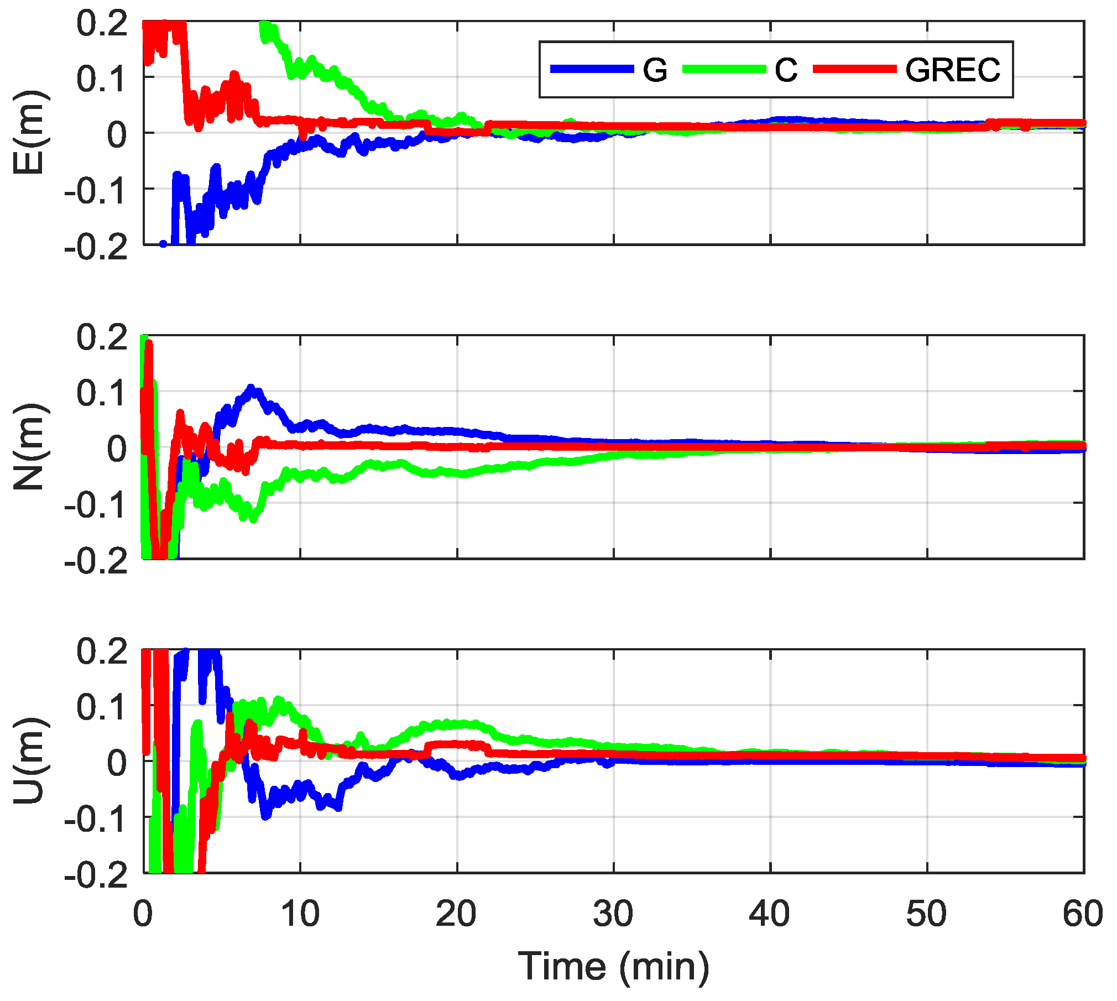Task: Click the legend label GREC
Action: pos(952,70)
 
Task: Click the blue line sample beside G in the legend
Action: pos(592,69)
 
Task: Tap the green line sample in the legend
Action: pos(724,69)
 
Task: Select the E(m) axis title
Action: pos(29,133)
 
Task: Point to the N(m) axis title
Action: pos(29,447)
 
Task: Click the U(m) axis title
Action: pos(29,761)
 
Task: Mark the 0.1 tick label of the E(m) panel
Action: pos(102,78)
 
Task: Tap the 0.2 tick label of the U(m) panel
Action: pos(102,650)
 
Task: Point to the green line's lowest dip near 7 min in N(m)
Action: pos(253,519)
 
